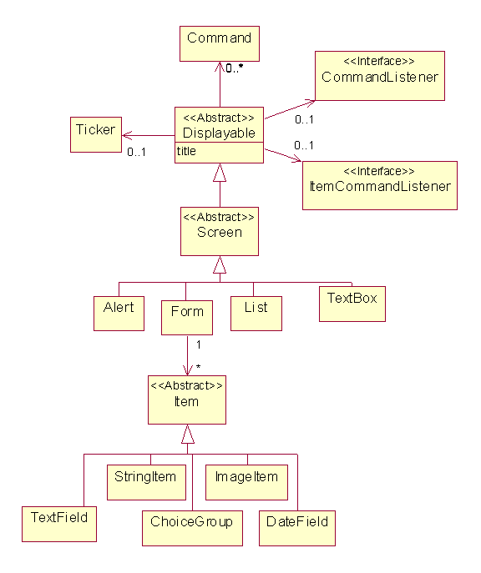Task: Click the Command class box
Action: pyautogui.click(x=220, y=43)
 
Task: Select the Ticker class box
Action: pyautogui.click(x=96, y=134)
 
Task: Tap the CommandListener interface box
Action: pyautogui.click(x=380, y=76)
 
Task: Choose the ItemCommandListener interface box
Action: pyautogui.click(x=380, y=185)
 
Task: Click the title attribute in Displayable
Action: pyautogui.click(x=186, y=151)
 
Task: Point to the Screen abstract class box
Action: pyautogui.click(x=220, y=231)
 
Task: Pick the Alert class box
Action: pyautogui.click(x=119, y=313)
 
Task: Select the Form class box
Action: pyautogui.click(x=187, y=318)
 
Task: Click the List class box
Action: pyautogui.click(x=256, y=313)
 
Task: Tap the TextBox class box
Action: pyautogui.click(x=352, y=304)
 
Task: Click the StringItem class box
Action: pyautogui.click(x=146, y=482)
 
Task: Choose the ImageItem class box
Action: pyautogui.click(x=246, y=482)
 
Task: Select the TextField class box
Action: pyautogui.click(x=59, y=524)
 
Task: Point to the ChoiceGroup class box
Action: pyautogui.click(x=192, y=528)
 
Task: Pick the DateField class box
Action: pyautogui.click(x=297, y=528)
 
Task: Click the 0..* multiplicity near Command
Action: pyautogui.click(x=234, y=68)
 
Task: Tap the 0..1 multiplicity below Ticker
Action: pyautogui.click(x=136, y=152)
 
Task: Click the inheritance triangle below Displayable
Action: pyautogui.click(x=220, y=173)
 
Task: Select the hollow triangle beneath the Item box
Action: pyautogui.click(x=188, y=434)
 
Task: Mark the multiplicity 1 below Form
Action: pyautogui.click(x=198, y=344)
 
